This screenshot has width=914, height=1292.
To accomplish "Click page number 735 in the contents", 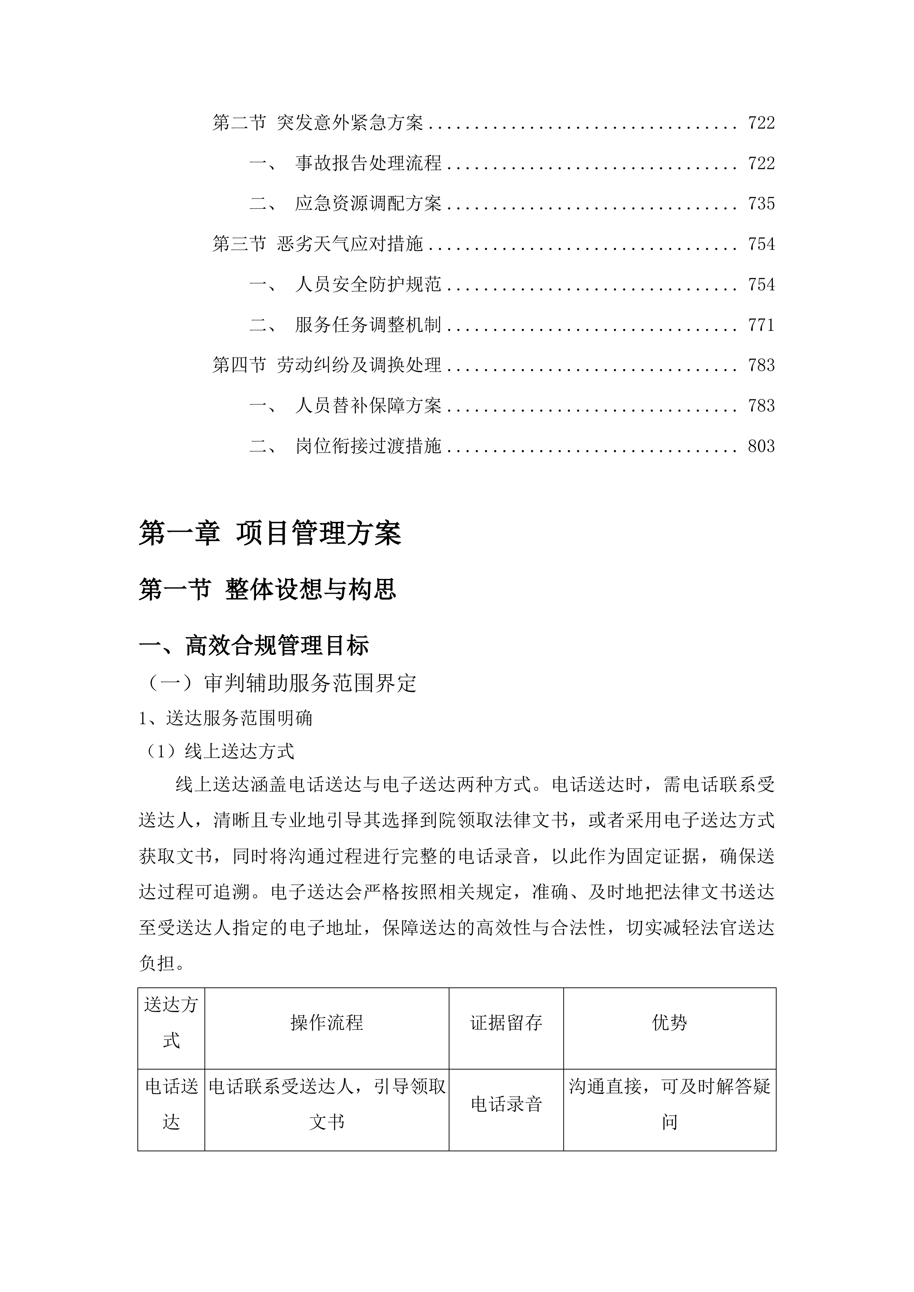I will pyautogui.click(x=761, y=204).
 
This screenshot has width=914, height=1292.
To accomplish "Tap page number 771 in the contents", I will pyautogui.click(x=761, y=325).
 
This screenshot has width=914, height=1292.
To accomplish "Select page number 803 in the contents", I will pyautogui.click(x=761, y=447).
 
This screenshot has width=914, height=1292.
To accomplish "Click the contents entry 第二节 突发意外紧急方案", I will pyautogui.click(x=318, y=123).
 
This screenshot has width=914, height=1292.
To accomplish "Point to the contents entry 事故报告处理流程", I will pyautogui.click(x=368, y=163).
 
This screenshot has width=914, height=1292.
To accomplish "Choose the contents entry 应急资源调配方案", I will pyautogui.click(x=368, y=204).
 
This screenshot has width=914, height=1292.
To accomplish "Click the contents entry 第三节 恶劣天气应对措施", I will pyautogui.click(x=318, y=244).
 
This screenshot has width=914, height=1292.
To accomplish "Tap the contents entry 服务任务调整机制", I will pyautogui.click(x=368, y=325).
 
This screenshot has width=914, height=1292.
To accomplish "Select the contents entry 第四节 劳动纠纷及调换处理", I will pyautogui.click(x=326, y=366).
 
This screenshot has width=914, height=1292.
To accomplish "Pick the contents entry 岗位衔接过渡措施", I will pyautogui.click(x=368, y=447).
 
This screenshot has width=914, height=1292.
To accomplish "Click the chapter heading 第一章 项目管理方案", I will pyautogui.click(x=270, y=533).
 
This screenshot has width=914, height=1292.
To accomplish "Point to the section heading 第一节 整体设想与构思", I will pyautogui.click(x=267, y=590).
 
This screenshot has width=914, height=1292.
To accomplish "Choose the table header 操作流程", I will pyautogui.click(x=326, y=1022).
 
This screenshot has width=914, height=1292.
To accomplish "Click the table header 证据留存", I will pyautogui.click(x=506, y=1022).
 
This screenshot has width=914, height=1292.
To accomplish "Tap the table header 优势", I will pyautogui.click(x=669, y=1022).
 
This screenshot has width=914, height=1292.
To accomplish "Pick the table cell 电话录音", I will pyautogui.click(x=506, y=1104).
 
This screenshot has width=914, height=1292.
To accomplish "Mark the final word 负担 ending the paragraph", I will pyautogui.click(x=157, y=963).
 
